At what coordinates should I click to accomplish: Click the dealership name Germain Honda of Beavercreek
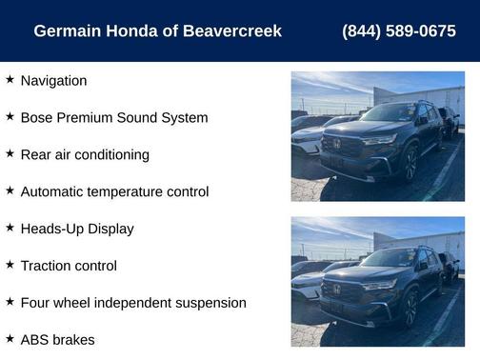(157, 31)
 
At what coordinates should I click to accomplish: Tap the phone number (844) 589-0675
(398, 31)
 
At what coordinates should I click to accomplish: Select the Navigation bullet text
(53, 81)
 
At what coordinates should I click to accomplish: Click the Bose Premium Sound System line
(113, 118)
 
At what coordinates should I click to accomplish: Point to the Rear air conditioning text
(85, 155)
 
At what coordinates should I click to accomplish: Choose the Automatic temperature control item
(114, 191)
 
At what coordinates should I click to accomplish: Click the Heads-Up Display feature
(76, 229)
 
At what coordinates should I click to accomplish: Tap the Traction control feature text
(69, 266)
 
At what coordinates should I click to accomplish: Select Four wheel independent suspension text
(132, 303)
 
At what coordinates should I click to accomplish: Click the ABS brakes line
(57, 339)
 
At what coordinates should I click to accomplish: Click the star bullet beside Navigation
(10, 80)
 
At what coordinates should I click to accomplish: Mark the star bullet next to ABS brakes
(10, 338)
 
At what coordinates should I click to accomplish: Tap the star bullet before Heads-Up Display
(10, 228)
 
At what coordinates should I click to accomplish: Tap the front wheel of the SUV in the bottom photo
(410, 308)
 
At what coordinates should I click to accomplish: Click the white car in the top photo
(307, 140)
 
